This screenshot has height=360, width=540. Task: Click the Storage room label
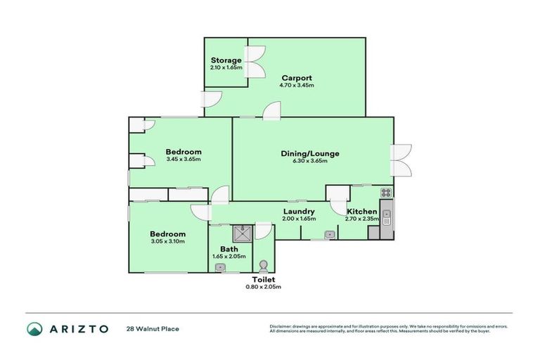[x=226, y=60]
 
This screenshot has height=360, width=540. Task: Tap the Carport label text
[x=297, y=77]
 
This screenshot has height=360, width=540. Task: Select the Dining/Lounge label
[x=310, y=153]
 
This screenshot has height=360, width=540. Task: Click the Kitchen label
[x=361, y=212]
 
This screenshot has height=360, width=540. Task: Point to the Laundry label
[x=298, y=212]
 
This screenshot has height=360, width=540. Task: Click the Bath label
[x=229, y=249]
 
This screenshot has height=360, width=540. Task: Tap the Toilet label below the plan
[x=264, y=279]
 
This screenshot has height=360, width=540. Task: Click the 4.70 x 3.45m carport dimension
[x=297, y=85]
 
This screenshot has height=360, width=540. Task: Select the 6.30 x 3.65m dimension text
[x=310, y=161]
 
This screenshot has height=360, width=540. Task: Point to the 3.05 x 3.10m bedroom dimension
[x=167, y=242]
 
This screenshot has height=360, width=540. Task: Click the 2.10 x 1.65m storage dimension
[x=226, y=68]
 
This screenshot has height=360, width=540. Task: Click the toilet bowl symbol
[x=263, y=265]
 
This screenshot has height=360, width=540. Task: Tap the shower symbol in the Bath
[x=242, y=229]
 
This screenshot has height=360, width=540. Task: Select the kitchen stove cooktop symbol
[x=385, y=192]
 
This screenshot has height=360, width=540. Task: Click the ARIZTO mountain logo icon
[x=35, y=328]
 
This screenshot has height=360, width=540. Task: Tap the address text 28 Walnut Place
[x=152, y=328]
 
